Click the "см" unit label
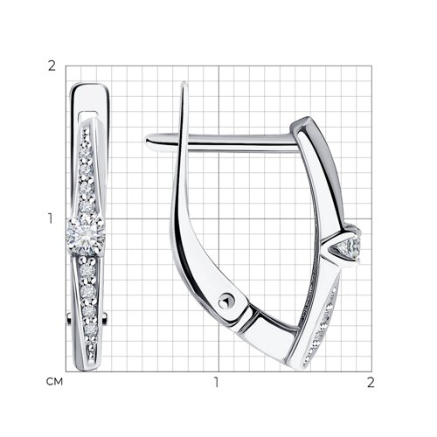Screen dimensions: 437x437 point(54,382)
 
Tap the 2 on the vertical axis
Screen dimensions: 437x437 point(52,66)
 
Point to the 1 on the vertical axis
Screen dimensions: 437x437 point(51,218)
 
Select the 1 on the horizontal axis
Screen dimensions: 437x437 point(216,382)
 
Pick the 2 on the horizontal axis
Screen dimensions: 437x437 point(371,382)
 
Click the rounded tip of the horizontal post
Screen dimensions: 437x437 point(148,142)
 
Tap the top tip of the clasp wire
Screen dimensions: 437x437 point(184,84)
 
